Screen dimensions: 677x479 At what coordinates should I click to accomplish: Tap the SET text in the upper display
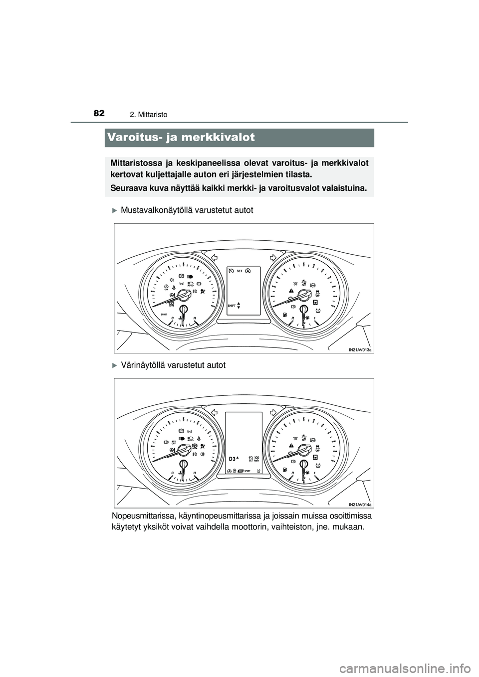click(x=239, y=271)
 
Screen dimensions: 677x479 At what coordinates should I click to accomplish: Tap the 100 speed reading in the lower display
click(x=256, y=457)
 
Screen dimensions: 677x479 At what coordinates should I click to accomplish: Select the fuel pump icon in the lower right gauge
click(x=284, y=470)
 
